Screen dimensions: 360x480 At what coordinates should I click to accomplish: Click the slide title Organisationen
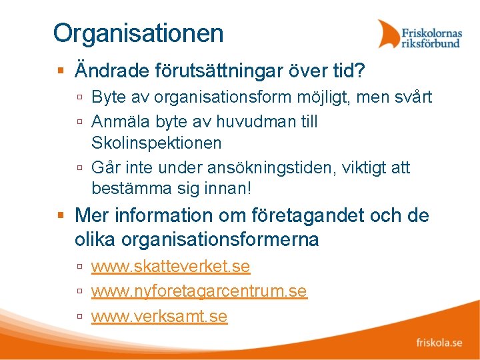point(139,33)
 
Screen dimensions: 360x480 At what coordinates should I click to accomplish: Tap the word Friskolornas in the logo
point(431,31)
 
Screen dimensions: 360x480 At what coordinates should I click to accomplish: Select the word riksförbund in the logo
point(431,43)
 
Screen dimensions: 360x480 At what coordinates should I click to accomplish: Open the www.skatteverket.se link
point(171,267)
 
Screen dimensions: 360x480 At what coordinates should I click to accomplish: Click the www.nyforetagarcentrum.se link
point(199,291)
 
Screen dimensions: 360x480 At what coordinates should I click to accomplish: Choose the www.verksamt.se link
point(159,316)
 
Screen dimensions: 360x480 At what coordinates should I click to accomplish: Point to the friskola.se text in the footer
point(439,343)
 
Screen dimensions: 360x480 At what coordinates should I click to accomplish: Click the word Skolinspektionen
point(157,143)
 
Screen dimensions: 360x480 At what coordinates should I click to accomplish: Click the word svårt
point(413,97)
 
